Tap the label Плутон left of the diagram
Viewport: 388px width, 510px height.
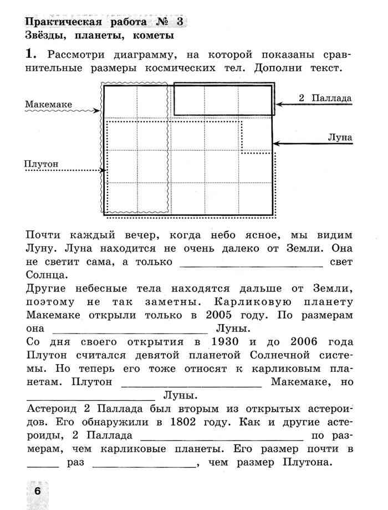pyautogui.click(x=42, y=164)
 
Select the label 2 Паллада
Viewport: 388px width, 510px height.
pyautogui.click(x=325, y=98)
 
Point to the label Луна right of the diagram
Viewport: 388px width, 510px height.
pyautogui.click(x=340, y=137)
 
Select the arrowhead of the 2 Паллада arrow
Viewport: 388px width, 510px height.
pyautogui.click(x=279, y=104)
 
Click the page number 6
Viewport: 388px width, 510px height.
pyautogui.click(x=37, y=491)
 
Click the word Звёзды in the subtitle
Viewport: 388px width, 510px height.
pyautogui.click(x=46, y=36)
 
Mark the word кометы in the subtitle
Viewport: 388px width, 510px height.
pyautogui.click(x=151, y=36)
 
